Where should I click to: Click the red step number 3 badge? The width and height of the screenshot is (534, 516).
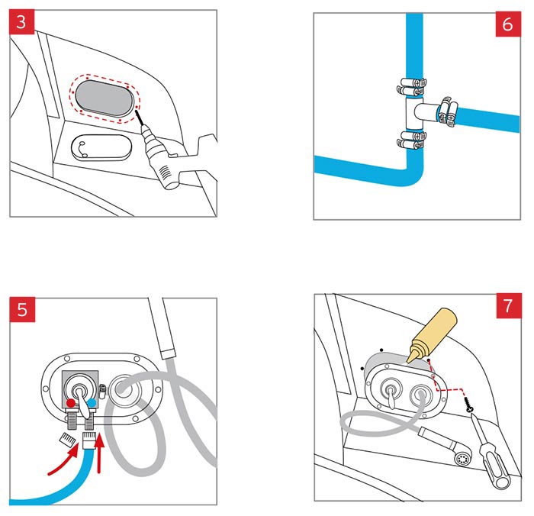pyautogui.click(x=22, y=22)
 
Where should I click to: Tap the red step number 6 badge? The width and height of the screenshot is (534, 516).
pyautogui.click(x=507, y=24)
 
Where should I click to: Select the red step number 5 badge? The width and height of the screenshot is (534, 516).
pyautogui.click(x=22, y=310)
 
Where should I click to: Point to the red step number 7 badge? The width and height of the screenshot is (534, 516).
pyautogui.click(x=507, y=309)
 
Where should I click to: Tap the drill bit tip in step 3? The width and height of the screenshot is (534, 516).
pyautogui.click(x=138, y=114)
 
